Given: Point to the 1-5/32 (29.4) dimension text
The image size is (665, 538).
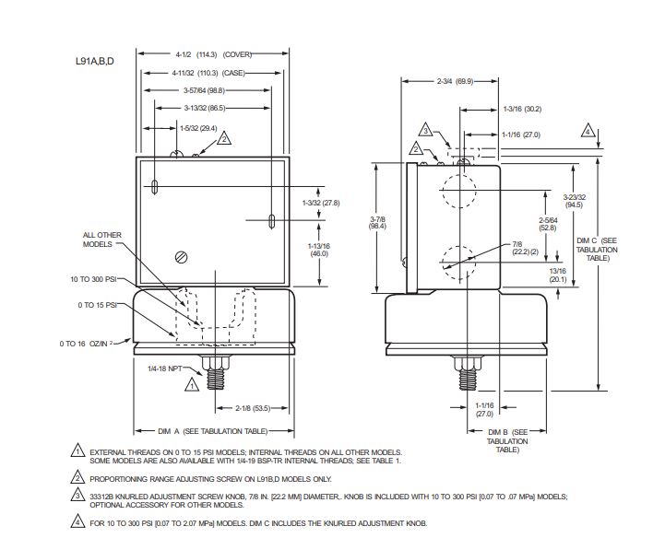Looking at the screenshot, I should [198, 128].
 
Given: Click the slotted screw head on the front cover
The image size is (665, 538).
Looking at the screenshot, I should [182, 257].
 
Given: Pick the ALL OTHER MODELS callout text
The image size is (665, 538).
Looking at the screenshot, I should [101, 240].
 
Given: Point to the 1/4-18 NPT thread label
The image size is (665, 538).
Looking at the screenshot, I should [165, 368].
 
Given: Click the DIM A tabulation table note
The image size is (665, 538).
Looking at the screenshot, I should [215, 431].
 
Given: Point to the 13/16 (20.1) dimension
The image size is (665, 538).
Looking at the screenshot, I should [558, 275].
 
